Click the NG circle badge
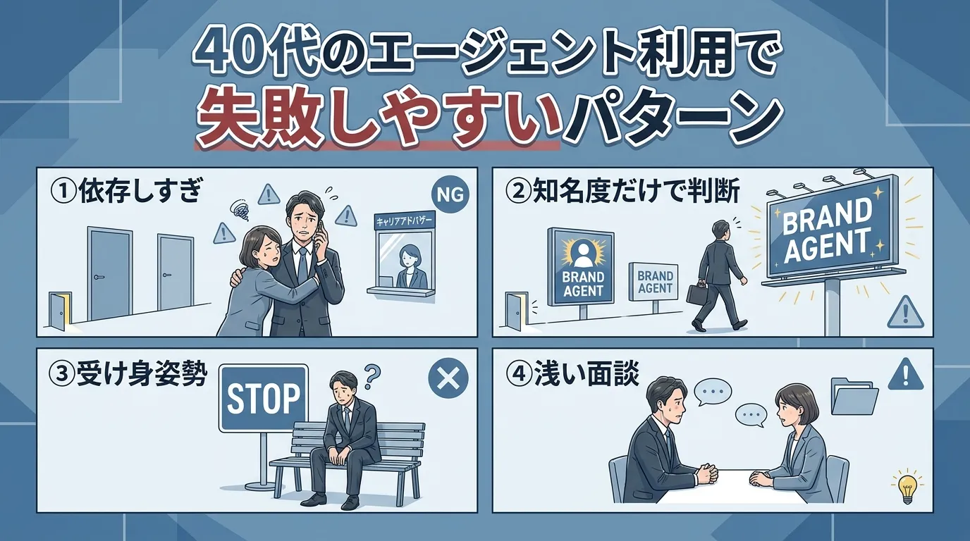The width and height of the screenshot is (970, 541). pos(448,195)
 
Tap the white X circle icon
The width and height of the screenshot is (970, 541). pos(448,380)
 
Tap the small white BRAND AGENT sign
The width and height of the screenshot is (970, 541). pos(654,281)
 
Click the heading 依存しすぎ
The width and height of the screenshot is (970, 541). pos(125,192)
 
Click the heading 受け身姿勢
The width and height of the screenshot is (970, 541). pos(128,375)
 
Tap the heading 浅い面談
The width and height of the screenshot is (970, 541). pos(573,375)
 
